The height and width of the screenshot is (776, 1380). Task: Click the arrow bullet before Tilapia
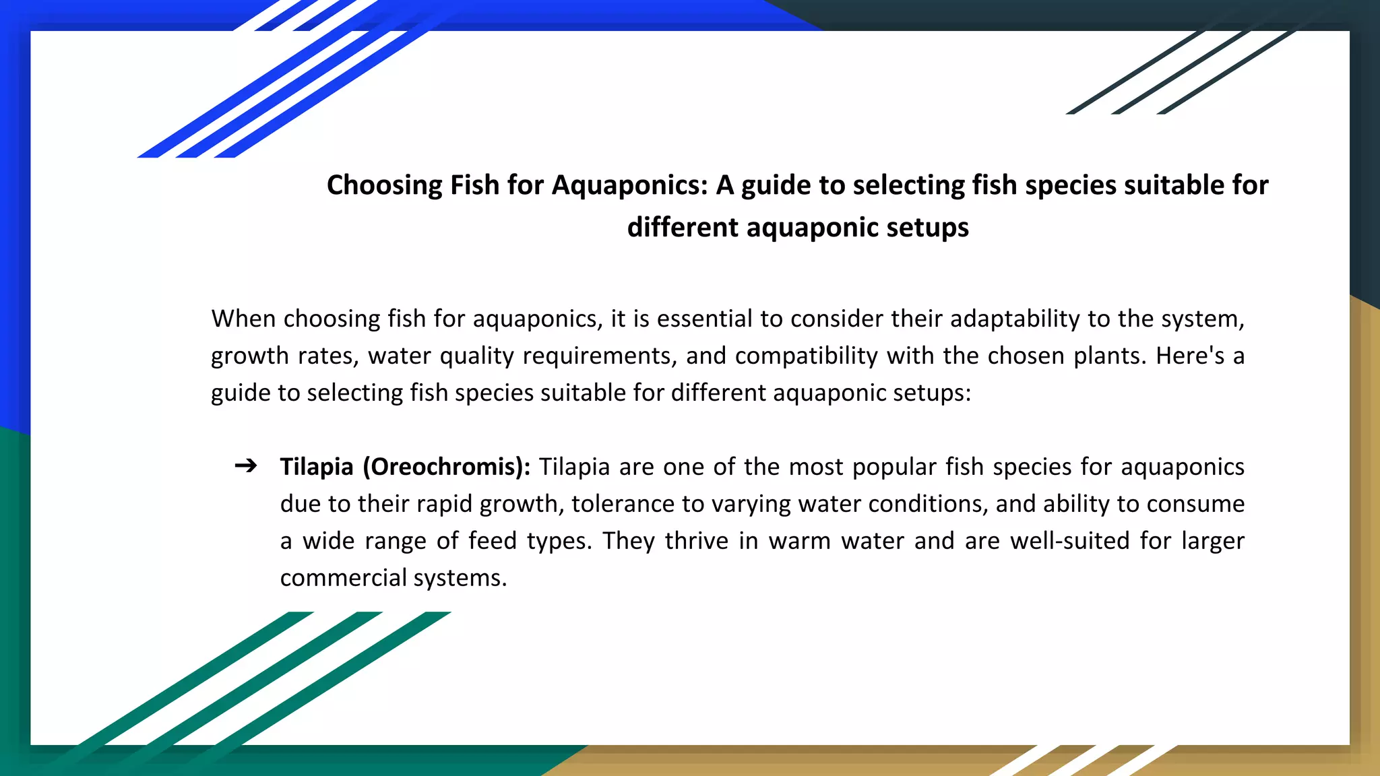[x=246, y=465]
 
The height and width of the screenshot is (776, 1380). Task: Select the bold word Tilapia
[x=316, y=467]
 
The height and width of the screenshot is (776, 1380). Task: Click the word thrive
[x=697, y=541]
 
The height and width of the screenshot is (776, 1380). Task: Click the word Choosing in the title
[x=384, y=185]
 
